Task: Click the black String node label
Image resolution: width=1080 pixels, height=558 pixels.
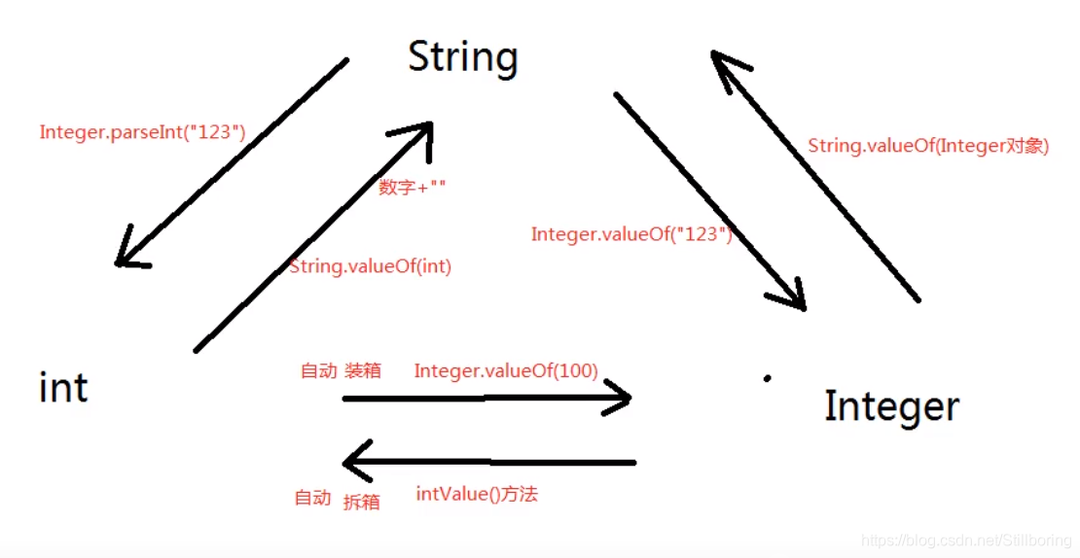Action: click(462, 57)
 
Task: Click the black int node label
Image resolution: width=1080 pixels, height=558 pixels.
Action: click(63, 388)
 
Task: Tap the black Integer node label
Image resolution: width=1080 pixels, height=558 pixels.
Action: click(891, 406)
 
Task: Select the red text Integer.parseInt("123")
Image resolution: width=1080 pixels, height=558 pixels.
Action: click(142, 132)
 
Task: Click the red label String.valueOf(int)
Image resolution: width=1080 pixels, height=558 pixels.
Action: click(371, 265)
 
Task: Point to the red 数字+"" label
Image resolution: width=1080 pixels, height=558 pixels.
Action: click(413, 188)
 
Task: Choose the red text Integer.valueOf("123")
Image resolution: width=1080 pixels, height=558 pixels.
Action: click(631, 234)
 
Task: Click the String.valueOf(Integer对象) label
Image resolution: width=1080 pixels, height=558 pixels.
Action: click(928, 146)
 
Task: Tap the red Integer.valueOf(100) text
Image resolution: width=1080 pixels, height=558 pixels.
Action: click(506, 370)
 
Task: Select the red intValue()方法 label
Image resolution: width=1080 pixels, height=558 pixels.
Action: click(477, 495)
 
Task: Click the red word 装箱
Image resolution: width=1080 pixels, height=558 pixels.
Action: click(362, 370)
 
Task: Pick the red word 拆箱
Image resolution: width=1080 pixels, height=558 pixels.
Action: click(361, 502)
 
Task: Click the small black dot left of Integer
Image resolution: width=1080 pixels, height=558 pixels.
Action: click(767, 378)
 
